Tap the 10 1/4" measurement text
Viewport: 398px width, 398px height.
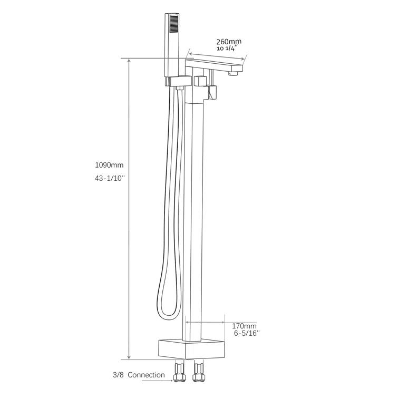pos(227,48)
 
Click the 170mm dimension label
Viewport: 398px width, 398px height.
pos(244,325)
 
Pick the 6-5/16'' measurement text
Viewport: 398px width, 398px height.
pos(247,333)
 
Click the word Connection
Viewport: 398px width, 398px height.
pos(147,375)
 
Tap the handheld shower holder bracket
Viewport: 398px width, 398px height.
pos(177,81)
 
